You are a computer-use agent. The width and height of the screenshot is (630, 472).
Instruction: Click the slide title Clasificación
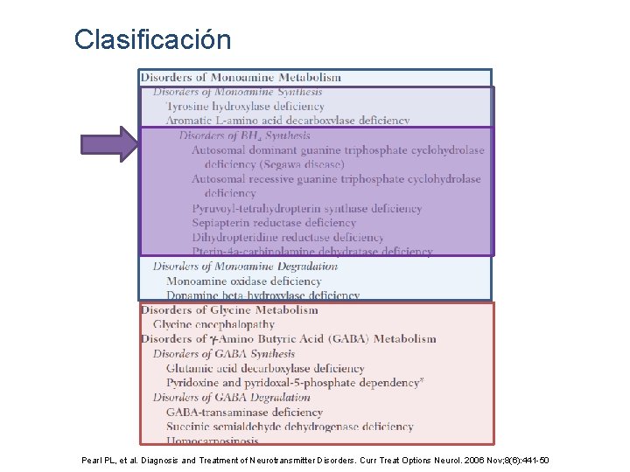click(152, 40)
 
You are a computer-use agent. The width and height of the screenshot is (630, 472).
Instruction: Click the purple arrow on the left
click(109, 144)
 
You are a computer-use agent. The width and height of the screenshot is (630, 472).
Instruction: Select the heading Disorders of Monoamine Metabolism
click(241, 78)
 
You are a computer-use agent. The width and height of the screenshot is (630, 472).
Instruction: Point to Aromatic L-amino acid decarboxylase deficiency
click(288, 121)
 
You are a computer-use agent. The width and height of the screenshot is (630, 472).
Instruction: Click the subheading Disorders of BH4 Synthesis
click(244, 135)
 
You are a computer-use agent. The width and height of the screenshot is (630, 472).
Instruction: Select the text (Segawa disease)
click(275, 164)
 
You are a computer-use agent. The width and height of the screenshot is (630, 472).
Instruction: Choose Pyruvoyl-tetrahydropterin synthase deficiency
click(306, 209)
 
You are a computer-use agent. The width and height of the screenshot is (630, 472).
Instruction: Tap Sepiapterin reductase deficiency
click(274, 223)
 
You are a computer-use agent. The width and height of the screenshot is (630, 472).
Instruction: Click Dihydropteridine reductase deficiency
click(287, 237)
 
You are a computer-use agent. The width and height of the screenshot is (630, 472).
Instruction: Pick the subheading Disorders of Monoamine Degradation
click(245, 267)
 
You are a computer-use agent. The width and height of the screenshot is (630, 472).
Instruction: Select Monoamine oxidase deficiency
click(244, 281)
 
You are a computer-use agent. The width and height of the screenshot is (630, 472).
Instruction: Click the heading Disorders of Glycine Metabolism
click(229, 310)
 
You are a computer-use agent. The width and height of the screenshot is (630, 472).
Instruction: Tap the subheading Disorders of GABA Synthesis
click(224, 354)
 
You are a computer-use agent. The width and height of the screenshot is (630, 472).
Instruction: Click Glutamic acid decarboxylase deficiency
click(265, 369)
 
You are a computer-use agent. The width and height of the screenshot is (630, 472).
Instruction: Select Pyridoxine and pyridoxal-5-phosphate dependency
click(293, 383)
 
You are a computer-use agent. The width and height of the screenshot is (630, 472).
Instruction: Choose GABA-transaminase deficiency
click(244, 413)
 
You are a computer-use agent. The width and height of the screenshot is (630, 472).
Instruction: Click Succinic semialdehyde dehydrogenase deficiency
click(290, 427)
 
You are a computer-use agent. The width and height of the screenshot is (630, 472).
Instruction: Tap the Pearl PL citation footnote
click(315, 461)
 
